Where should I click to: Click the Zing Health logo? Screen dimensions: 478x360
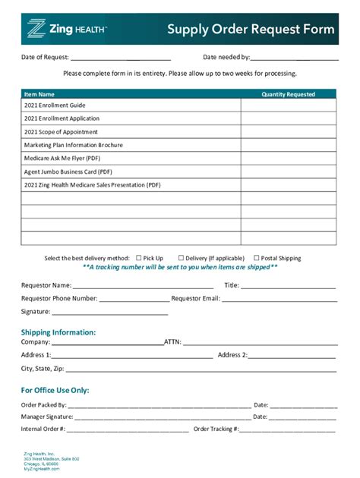(x=67, y=30)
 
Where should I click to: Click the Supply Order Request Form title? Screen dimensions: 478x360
(x=251, y=30)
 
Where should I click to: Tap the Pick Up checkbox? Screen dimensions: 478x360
(x=138, y=258)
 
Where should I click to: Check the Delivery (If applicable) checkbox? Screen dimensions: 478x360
(x=182, y=258)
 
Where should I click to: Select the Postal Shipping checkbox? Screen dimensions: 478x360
(x=257, y=258)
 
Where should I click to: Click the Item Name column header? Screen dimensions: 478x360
(x=39, y=95)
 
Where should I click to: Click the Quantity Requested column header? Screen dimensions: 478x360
(x=288, y=95)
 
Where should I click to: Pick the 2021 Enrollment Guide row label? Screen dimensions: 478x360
(x=55, y=105)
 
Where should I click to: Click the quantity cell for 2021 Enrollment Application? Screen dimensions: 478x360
(x=288, y=118)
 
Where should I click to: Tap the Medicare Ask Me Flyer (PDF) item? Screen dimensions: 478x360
(x=62, y=159)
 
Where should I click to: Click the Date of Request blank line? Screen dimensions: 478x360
(x=120, y=58)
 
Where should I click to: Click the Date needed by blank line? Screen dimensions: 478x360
(x=295, y=58)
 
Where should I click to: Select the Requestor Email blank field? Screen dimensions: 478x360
(x=279, y=299)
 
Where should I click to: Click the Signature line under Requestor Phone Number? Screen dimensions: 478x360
(x=109, y=312)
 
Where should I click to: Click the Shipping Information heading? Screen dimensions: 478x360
(x=58, y=332)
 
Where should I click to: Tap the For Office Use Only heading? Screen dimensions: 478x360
(x=55, y=390)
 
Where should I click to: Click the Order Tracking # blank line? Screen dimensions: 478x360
(x=288, y=429)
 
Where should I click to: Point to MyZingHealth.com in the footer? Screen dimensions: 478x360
(x=42, y=469)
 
